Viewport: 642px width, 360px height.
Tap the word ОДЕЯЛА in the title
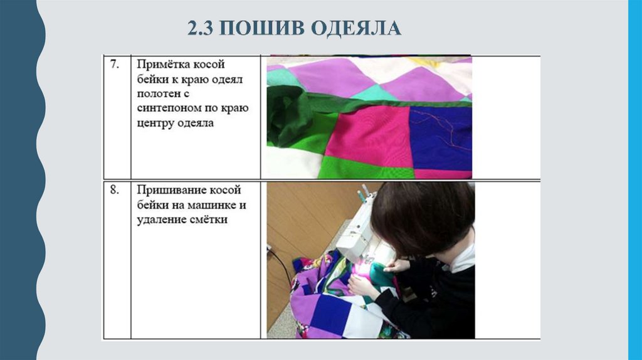(x=356, y=28)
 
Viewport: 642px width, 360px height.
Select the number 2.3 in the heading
(x=200, y=28)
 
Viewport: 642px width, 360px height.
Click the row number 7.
(x=114, y=65)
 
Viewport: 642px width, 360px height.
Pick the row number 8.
(x=114, y=190)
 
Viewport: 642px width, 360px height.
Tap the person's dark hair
(x=422, y=217)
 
